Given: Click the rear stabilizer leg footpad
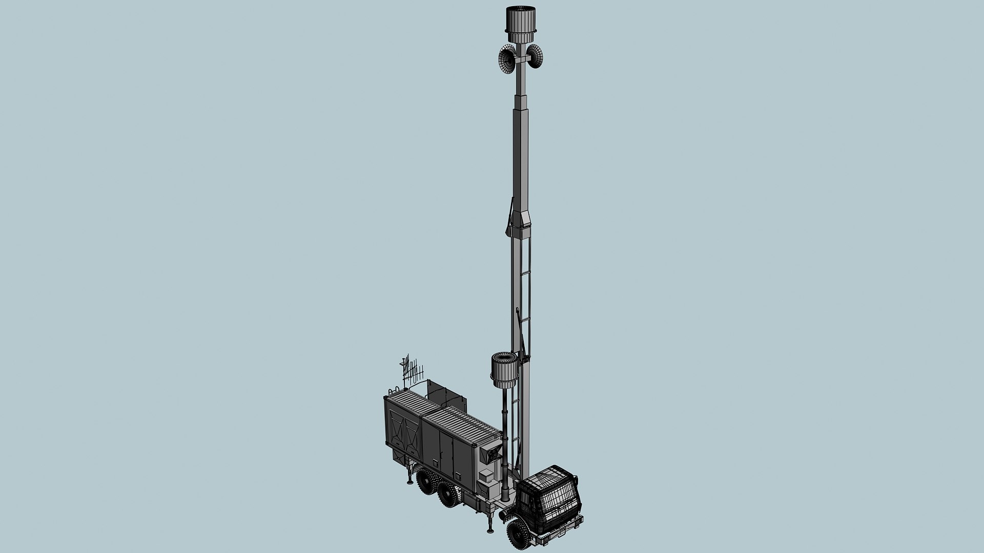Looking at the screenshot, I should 409,481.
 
